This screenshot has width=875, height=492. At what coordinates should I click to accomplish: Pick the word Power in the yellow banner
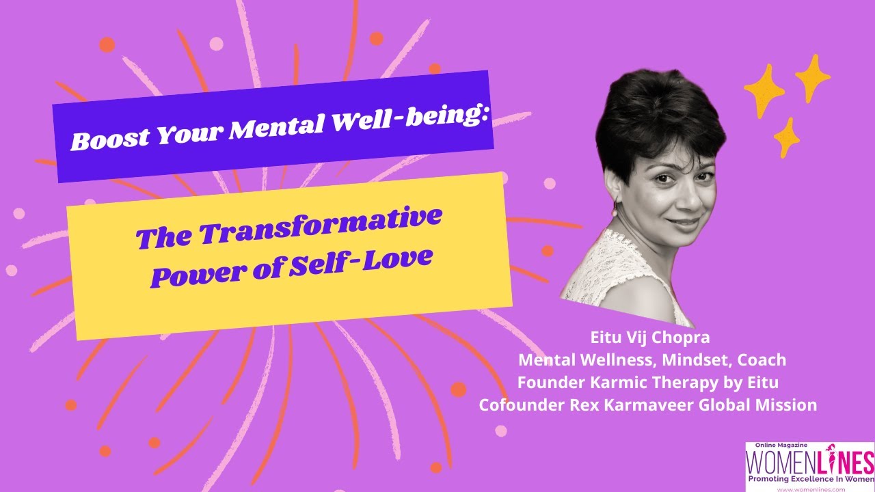pos(198,275)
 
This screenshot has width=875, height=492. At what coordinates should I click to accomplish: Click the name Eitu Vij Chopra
pos(650,338)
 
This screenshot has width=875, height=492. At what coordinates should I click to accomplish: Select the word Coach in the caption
pos(762,360)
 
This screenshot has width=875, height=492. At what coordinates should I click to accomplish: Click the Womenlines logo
pos(810,467)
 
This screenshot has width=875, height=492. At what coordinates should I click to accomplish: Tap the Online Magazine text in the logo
pos(781,445)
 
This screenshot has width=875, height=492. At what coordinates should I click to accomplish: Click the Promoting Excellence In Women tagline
pos(811,479)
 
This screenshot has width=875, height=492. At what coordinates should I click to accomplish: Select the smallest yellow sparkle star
pos(786,137)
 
